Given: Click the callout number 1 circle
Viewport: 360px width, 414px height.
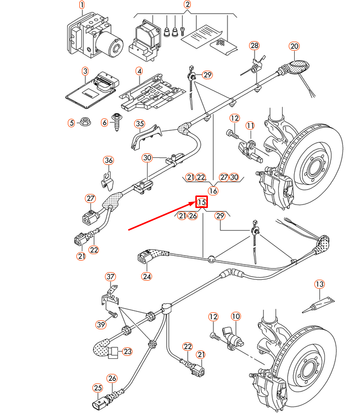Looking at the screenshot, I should pyautogui.click(x=82, y=6).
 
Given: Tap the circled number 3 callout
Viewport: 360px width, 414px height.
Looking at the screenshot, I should pyautogui.click(x=85, y=72).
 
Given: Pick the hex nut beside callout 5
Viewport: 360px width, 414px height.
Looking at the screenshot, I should pyautogui.click(x=85, y=123).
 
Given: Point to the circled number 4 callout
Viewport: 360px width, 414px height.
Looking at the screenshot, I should pyautogui.click(x=139, y=72).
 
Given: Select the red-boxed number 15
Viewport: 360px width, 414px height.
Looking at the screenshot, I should pyautogui.click(x=201, y=202).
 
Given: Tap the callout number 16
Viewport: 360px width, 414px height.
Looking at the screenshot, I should pyautogui.click(x=213, y=190).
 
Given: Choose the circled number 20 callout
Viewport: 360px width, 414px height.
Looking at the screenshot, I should pyautogui.click(x=294, y=47).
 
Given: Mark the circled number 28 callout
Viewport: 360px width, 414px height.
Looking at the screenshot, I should pyautogui.click(x=255, y=47).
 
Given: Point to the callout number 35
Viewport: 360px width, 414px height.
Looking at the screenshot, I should pyautogui.click(x=139, y=124).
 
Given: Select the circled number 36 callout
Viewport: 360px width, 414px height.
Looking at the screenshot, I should pyautogui.click(x=109, y=160).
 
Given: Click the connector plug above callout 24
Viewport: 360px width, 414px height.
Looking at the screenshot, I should pyautogui.click(x=146, y=259).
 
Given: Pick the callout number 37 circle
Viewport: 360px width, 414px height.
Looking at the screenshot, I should pyautogui.click(x=110, y=277).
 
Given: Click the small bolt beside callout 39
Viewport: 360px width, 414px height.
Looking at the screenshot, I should pyautogui.click(x=113, y=315).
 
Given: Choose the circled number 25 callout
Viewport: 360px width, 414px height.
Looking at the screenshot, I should pyautogui.click(x=97, y=387).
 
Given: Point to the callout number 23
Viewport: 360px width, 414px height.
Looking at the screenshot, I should pyautogui.click(x=127, y=352).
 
